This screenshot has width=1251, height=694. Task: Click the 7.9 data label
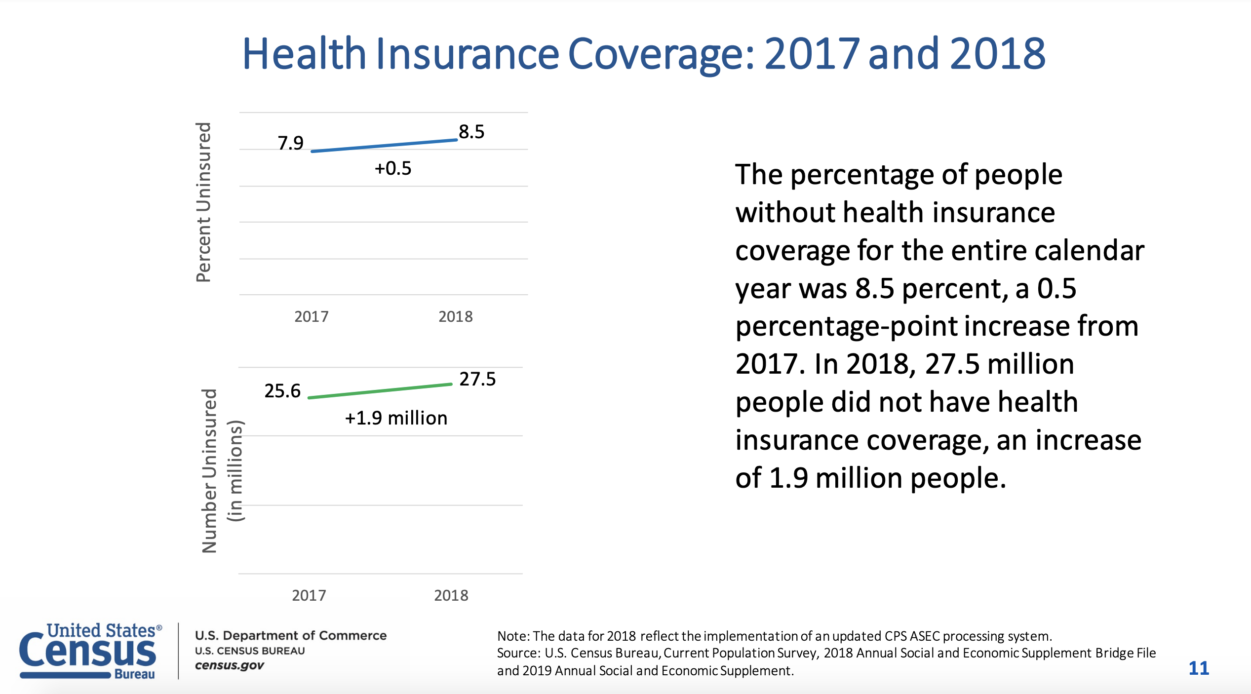click(x=290, y=143)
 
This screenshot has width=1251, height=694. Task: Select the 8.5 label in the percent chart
click(x=471, y=132)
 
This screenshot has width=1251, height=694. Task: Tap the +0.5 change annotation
click(x=393, y=168)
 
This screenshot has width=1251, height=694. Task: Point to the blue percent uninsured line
click(x=384, y=146)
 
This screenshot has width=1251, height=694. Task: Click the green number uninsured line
click(x=380, y=391)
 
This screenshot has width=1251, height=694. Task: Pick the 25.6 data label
click(x=282, y=391)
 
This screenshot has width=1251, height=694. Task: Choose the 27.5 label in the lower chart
click(x=477, y=379)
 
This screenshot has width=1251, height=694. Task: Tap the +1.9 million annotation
click(x=396, y=418)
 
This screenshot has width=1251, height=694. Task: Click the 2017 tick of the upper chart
click(x=312, y=316)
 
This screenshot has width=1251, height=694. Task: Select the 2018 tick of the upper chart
click(x=456, y=316)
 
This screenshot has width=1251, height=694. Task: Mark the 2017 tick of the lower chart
click(x=309, y=595)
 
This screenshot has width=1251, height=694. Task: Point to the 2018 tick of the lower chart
click(x=451, y=595)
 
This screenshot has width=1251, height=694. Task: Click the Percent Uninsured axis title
click(x=203, y=202)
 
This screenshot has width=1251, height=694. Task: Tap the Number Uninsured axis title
click(x=210, y=471)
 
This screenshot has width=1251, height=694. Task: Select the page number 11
click(x=1199, y=668)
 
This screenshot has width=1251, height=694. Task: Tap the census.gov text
click(x=230, y=665)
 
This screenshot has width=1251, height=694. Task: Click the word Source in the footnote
click(x=518, y=653)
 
